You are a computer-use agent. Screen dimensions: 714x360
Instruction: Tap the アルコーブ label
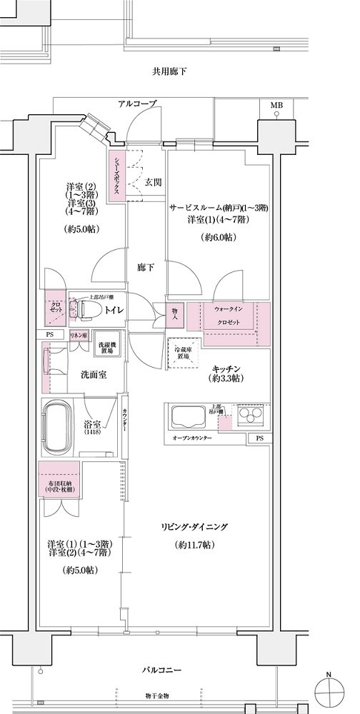coord(137,104)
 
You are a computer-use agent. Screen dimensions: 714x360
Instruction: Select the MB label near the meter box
coord(276,105)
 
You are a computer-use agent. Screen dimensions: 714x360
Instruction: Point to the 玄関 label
coord(152,182)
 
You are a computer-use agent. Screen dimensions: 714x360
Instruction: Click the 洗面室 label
coord(93,374)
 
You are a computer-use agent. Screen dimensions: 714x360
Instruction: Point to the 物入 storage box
coord(176,315)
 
